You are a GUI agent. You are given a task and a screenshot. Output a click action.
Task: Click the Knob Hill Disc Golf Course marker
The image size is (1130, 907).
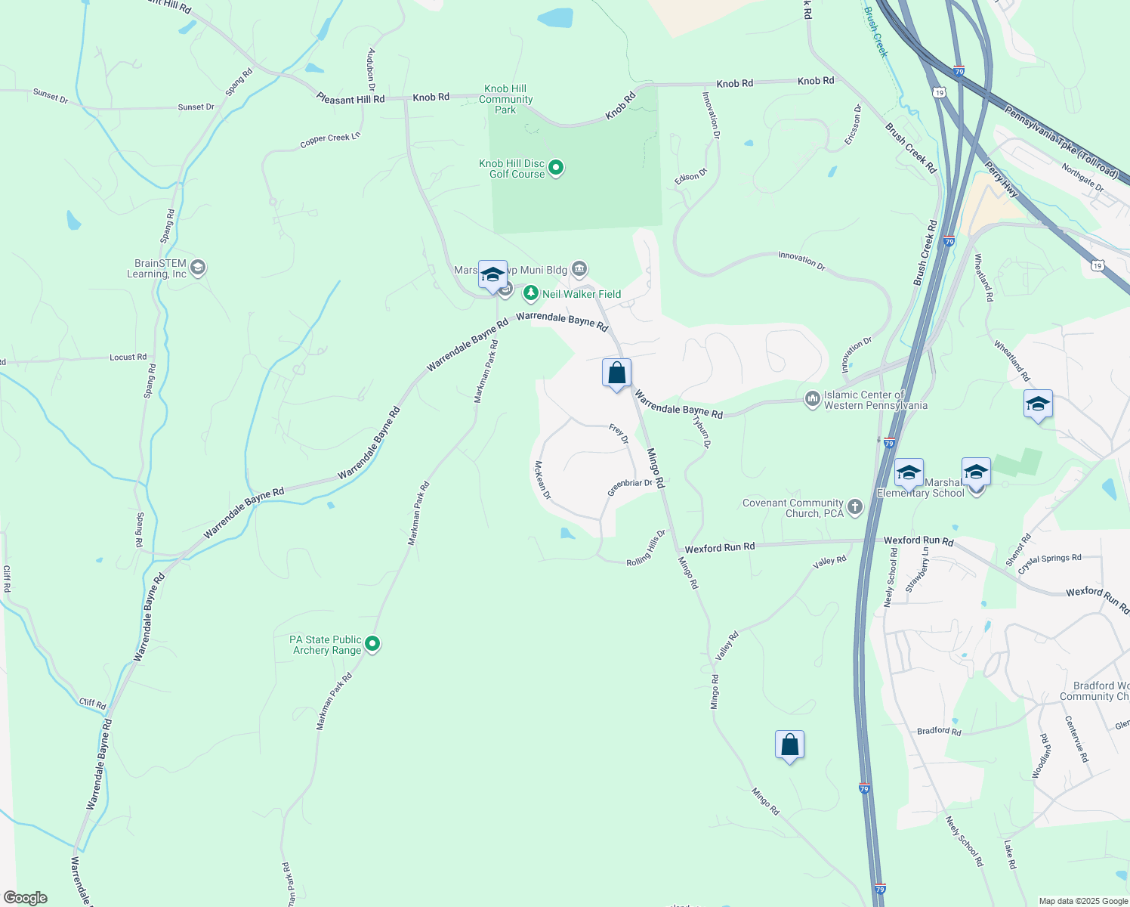point(556,167)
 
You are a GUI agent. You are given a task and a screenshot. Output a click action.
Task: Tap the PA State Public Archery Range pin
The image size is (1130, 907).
point(372,644)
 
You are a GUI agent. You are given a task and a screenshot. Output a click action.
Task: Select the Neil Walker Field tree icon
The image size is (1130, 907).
point(531,293)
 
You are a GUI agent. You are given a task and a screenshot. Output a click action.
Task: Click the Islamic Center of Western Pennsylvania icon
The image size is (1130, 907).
point(812,398)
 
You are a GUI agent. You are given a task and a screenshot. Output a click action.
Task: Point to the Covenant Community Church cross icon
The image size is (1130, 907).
point(855,507)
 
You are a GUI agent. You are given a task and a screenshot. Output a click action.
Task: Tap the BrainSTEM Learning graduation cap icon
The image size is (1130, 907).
point(198,268)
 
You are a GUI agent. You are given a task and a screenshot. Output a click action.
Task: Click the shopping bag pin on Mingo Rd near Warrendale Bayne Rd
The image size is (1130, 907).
point(616,373)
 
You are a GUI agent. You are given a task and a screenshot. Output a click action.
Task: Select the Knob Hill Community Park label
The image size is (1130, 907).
point(505,99)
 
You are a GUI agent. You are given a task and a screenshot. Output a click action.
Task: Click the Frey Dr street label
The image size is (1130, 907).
point(619,434)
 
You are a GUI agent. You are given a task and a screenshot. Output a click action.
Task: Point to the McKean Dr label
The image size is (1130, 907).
point(542,481)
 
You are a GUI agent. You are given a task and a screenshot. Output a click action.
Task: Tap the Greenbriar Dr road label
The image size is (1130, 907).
point(630,488)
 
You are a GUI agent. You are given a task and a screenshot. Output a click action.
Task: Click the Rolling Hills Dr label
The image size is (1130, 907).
point(647,549)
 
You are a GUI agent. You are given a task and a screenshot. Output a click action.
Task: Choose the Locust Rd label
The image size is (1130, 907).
point(128,357)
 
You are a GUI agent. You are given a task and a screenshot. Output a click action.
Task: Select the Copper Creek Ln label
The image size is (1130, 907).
point(330,140)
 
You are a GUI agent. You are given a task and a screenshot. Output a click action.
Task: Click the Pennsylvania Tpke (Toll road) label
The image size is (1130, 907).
point(1061,143)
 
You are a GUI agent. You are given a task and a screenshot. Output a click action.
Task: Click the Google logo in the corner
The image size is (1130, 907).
point(26,897)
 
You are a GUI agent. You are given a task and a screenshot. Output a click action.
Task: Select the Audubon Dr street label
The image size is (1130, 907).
point(371,70)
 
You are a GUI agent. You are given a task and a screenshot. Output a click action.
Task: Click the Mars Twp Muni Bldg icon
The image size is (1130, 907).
point(579,268)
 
